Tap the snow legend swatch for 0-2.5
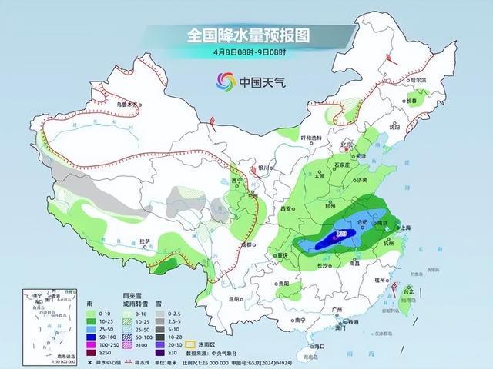159,315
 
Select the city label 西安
289,209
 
